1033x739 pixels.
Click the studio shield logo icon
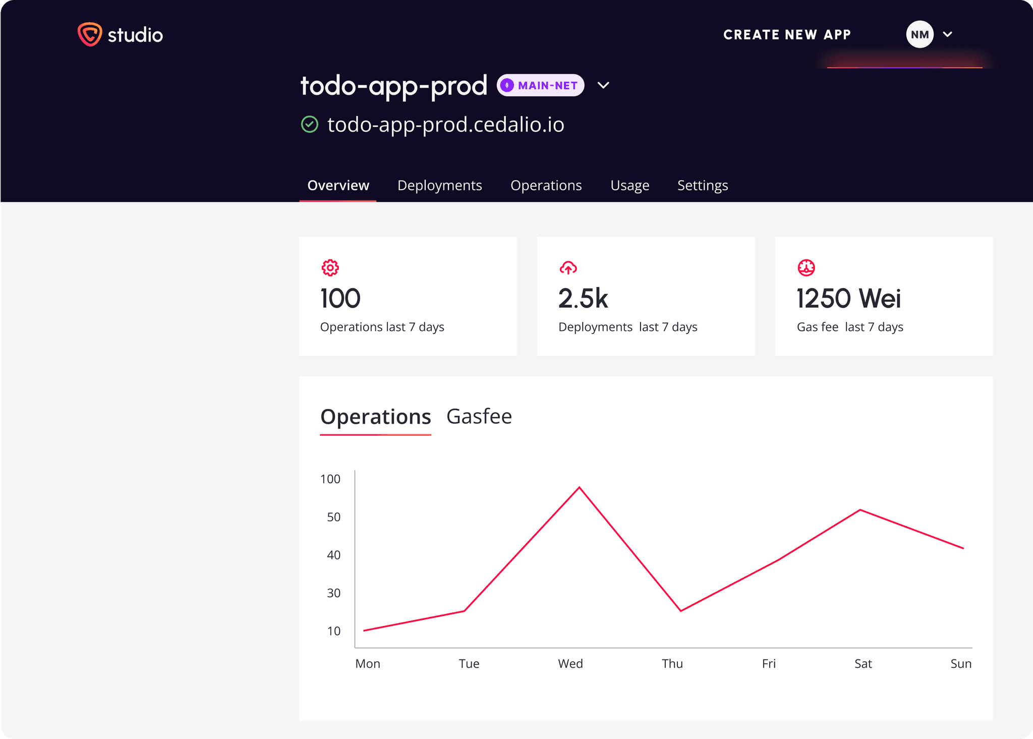90,34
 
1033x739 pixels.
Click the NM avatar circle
920,34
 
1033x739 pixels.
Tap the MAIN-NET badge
540,85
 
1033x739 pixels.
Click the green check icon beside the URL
310,124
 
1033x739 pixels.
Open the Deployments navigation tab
439,185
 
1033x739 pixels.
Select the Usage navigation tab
629,185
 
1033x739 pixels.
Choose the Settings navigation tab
702,185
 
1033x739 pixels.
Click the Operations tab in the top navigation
546,185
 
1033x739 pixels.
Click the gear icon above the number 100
330,268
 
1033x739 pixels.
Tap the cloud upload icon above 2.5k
568,268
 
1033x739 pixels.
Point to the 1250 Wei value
848,298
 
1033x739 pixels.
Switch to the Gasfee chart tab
479,417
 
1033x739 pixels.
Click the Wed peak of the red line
579,487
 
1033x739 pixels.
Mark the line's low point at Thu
681,611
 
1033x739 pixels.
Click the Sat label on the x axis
863,664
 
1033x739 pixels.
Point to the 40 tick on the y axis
333,555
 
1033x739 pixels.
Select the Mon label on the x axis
368,664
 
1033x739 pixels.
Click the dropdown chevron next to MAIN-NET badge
603,85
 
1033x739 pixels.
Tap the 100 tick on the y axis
330,479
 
